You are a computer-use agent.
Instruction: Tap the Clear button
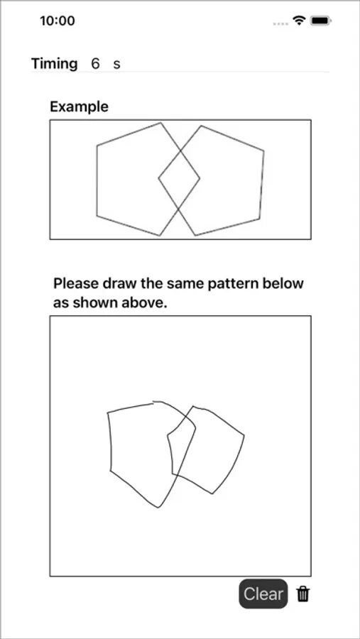(263, 594)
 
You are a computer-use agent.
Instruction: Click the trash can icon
(302, 594)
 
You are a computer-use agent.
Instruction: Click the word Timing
(54, 64)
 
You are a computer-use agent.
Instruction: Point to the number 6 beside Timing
(95, 64)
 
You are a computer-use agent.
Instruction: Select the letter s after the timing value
(116, 65)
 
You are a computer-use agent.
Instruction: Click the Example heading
(79, 106)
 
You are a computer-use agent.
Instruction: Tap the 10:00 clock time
(58, 21)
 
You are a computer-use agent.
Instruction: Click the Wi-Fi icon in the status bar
(300, 20)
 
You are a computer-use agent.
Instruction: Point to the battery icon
(321, 20)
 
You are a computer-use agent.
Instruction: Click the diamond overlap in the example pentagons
(179, 178)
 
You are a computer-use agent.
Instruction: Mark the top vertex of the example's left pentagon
(160, 123)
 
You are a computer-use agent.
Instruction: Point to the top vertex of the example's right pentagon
(201, 126)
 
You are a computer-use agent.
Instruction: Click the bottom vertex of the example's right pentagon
(195, 235)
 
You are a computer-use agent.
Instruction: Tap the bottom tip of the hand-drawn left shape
(158, 508)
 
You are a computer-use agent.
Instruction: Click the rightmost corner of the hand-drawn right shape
(244, 436)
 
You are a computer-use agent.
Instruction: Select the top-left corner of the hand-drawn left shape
(108, 413)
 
